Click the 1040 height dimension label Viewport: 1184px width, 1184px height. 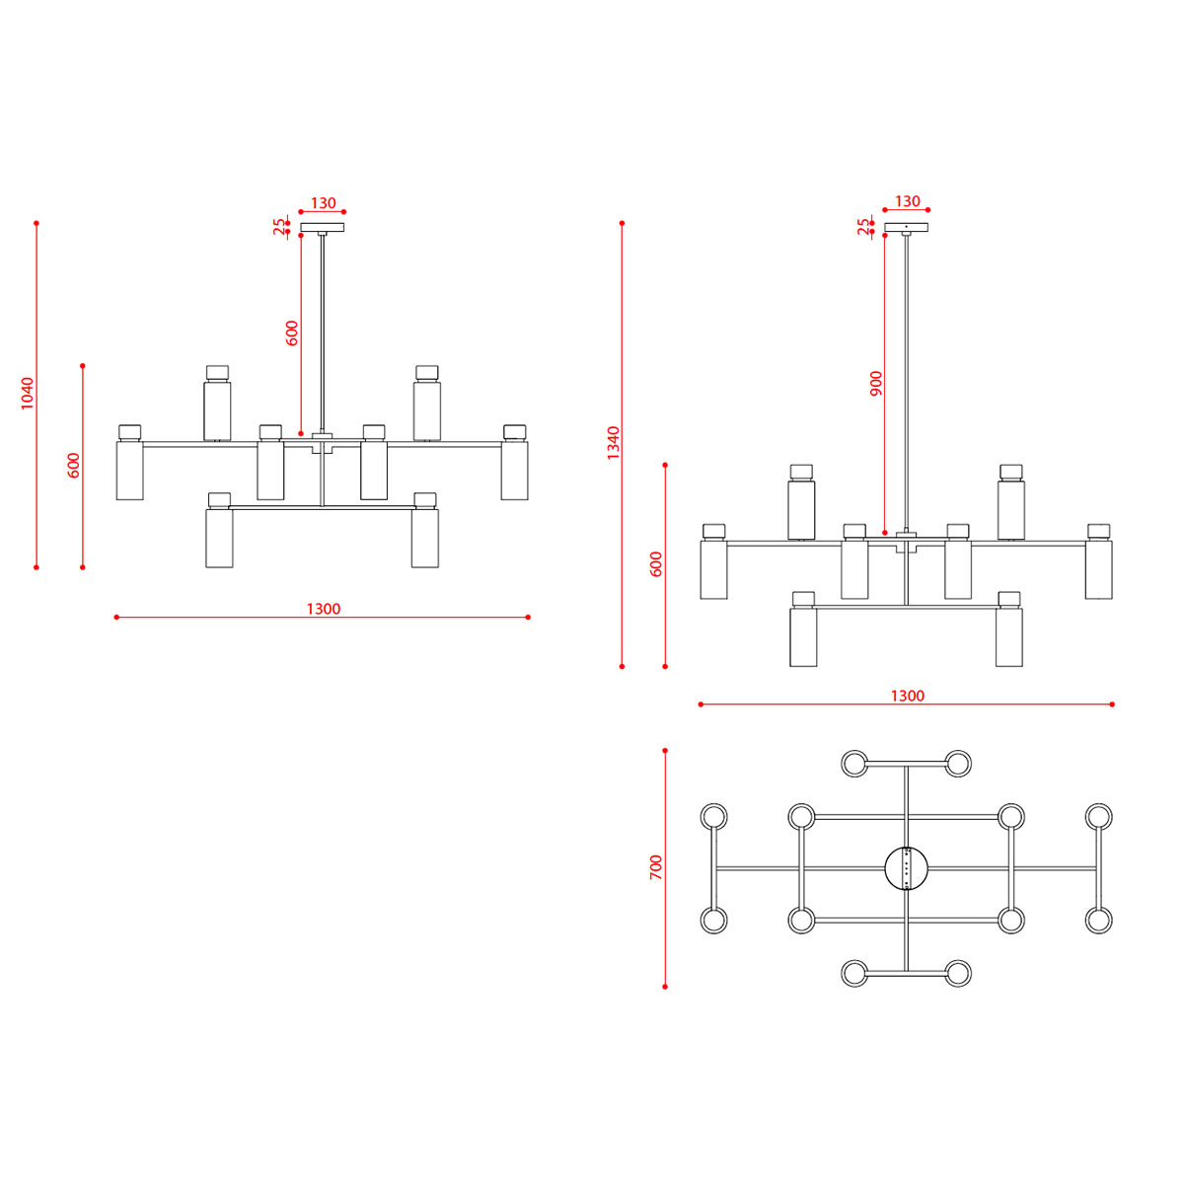28,394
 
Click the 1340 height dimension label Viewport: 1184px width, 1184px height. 613,442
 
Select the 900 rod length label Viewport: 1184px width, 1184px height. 876,384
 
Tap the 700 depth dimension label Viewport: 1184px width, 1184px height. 656,867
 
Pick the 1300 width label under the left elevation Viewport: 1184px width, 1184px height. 324,609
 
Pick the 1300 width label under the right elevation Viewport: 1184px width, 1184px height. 908,695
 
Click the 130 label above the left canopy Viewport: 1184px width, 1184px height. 324,203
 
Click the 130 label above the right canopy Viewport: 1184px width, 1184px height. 908,201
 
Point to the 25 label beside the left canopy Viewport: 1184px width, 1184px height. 279,227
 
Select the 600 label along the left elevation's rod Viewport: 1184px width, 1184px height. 292,333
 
